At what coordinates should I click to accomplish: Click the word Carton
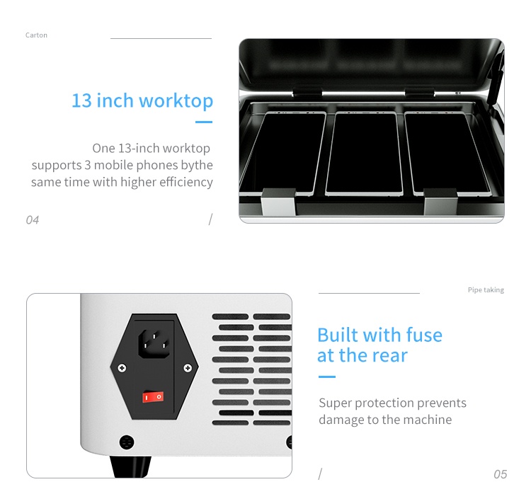(36, 35)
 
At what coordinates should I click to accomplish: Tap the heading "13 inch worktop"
(142, 101)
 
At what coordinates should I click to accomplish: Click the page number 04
(33, 220)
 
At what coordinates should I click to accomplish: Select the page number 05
(500, 474)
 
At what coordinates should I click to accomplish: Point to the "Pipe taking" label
(486, 290)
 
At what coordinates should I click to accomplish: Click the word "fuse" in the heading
(424, 335)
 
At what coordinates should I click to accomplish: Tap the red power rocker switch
(153, 397)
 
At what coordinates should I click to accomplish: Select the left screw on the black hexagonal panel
(122, 368)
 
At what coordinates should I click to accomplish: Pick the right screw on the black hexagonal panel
(188, 368)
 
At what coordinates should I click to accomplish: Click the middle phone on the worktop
(365, 154)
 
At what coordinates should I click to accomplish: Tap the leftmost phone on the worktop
(283, 154)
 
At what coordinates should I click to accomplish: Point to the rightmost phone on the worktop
(447, 154)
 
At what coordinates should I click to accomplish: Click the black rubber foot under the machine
(130, 466)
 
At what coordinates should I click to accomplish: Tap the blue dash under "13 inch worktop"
(204, 122)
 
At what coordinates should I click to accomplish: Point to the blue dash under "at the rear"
(327, 377)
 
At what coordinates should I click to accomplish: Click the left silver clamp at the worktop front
(278, 202)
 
